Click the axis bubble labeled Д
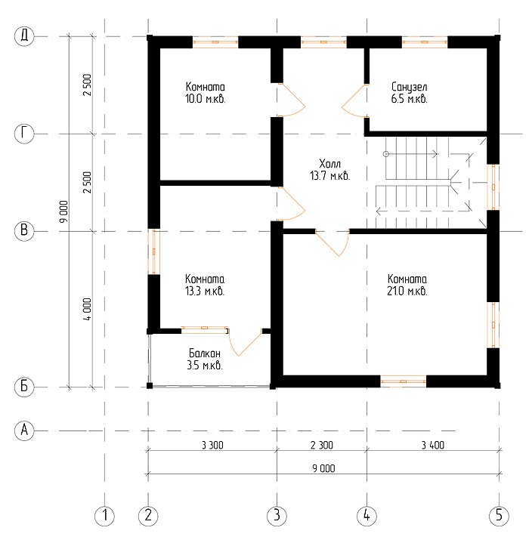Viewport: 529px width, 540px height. tap(24, 35)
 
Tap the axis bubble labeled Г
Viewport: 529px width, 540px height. tap(24, 133)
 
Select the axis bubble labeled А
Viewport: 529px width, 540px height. tap(24, 430)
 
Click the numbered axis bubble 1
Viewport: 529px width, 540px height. tap(105, 516)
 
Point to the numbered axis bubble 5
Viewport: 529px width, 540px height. tap(499, 516)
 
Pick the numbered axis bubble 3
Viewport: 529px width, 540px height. tap(277, 516)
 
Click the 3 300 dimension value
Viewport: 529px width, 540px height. tap(212, 446)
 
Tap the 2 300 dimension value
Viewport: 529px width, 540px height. tap(322, 446)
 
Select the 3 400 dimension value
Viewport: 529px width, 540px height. tap(433, 446)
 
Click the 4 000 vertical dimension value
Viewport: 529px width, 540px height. tap(88, 309)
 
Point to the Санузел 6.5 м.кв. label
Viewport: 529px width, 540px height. tap(409, 93)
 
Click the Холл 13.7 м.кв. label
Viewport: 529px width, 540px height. tap(329, 170)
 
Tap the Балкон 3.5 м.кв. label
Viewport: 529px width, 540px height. tap(205, 359)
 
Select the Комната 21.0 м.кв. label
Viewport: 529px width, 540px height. tap(407, 285)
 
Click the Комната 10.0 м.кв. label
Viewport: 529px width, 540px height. tap(205, 93)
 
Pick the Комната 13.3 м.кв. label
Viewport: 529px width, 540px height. tap(205, 285)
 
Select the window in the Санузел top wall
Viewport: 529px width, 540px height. tap(425, 42)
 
